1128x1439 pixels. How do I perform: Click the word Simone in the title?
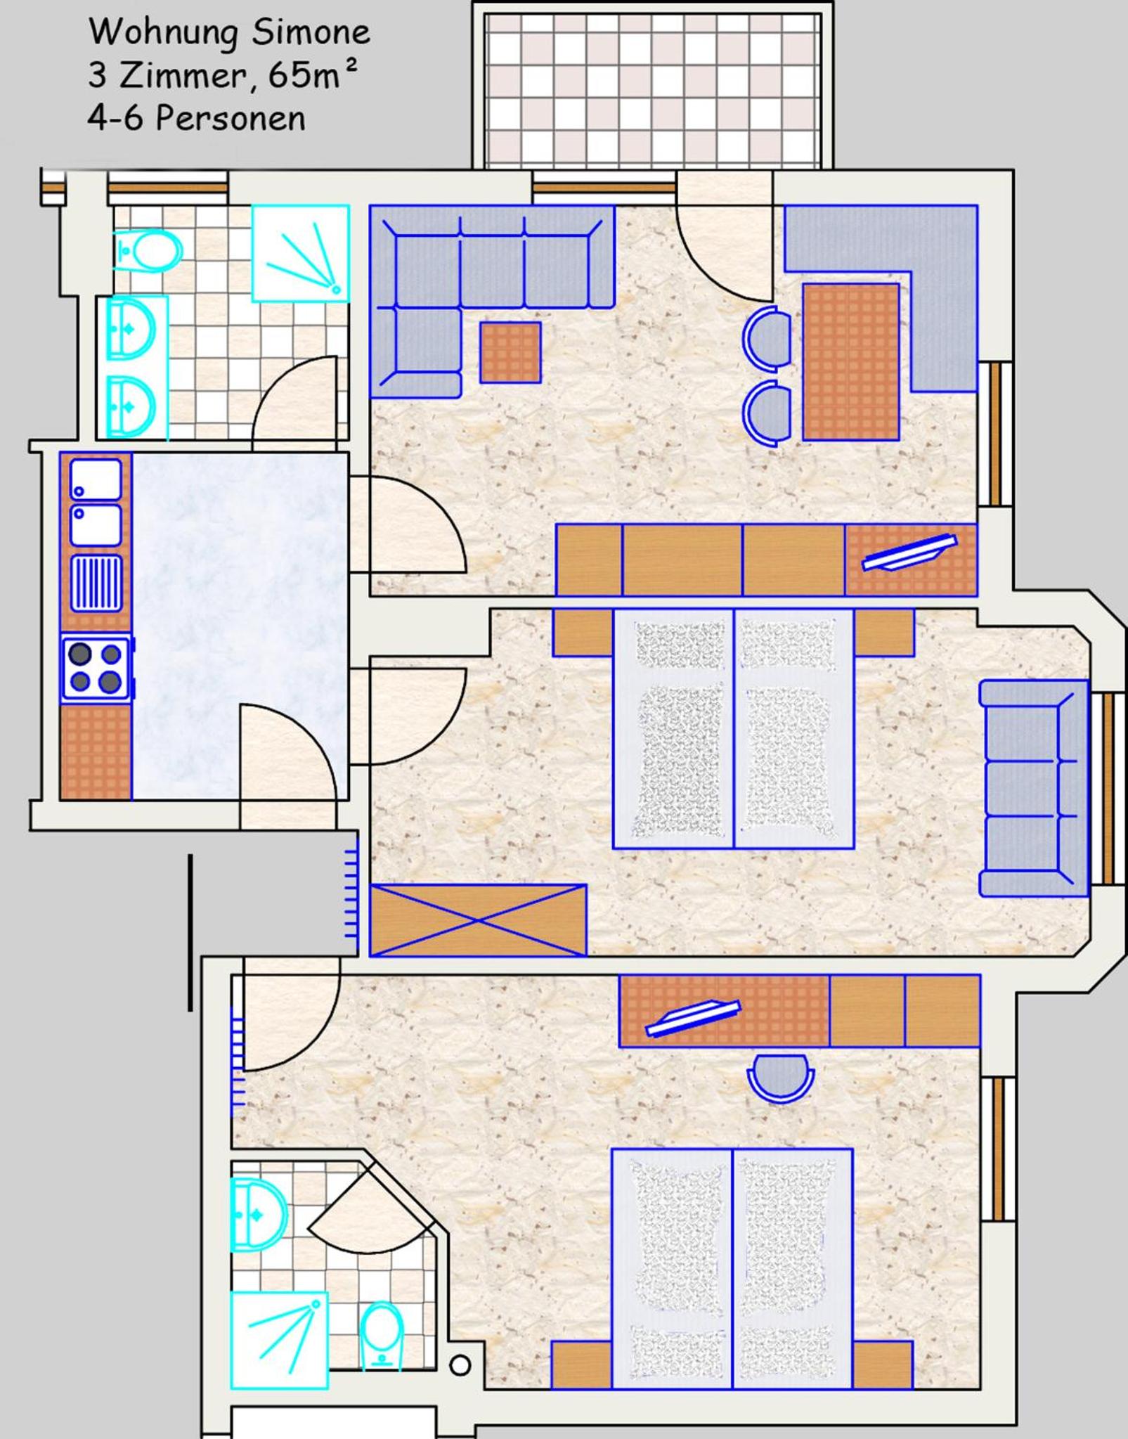tap(311, 32)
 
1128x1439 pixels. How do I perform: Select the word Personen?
tap(230, 118)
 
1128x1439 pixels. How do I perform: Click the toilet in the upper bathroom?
tap(148, 250)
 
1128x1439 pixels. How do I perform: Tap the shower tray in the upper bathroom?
tap(301, 253)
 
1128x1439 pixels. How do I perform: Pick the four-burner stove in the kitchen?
tap(96, 669)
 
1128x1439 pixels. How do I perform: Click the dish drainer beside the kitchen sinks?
tap(96, 583)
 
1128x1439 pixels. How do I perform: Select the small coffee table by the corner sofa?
tap(510, 352)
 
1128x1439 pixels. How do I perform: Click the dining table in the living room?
tap(850, 362)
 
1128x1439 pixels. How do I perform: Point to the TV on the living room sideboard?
tap(909, 553)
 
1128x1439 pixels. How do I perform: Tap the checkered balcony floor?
tap(652, 90)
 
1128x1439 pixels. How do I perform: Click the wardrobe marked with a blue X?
tap(478, 920)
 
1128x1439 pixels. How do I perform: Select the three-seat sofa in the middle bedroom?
tap(1033, 788)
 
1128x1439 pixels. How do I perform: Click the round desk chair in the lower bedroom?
tap(780, 1078)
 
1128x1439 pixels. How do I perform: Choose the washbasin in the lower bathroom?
tap(259, 1215)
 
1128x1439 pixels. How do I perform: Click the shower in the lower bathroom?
tap(279, 1340)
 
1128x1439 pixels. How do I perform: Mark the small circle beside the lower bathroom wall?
tap(460, 1366)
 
